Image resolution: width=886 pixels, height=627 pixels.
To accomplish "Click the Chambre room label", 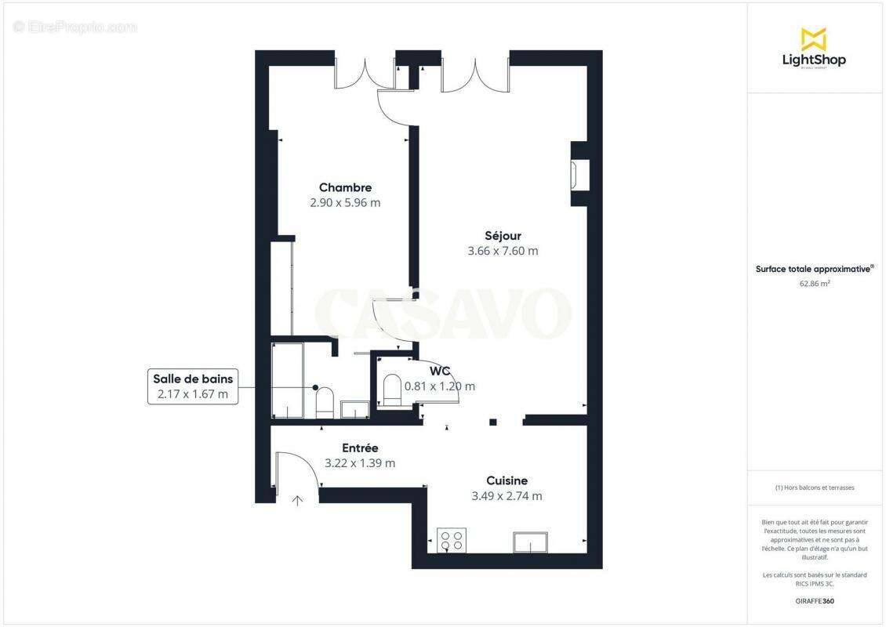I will tap(345, 187).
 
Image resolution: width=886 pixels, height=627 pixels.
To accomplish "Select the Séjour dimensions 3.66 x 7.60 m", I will tap(503, 251).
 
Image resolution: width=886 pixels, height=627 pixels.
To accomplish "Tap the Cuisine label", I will tap(507, 480).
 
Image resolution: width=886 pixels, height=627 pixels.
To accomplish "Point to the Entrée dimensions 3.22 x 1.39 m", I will tap(360, 463).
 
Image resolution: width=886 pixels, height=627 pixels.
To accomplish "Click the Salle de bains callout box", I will tap(193, 386).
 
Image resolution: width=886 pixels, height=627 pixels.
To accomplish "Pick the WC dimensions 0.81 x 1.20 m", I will tap(440, 386).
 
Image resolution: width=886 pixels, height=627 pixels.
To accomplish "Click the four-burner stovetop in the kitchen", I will tap(451, 540).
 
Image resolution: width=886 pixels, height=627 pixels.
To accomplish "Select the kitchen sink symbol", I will tap(531, 542).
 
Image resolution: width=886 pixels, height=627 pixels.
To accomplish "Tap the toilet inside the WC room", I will tap(391, 390).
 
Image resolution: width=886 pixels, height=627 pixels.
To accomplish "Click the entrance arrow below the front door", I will tap(298, 501).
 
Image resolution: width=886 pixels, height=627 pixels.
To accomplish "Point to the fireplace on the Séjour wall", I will tap(580, 175).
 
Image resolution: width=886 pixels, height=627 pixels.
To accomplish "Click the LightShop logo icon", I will tap(813, 38).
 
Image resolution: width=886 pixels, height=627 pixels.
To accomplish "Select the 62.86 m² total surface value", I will tap(815, 284).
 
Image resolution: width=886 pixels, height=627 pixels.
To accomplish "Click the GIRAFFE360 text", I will tap(815, 601).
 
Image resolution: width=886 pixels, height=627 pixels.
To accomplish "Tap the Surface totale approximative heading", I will tap(814, 269).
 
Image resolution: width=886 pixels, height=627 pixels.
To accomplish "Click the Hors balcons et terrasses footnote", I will tap(815, 487).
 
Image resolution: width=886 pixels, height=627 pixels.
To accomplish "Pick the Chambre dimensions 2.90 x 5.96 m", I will tap(345, 202).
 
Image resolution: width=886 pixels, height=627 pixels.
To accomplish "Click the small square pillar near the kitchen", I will tap(493, 422).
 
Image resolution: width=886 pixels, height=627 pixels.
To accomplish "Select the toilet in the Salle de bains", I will tap(325, 402).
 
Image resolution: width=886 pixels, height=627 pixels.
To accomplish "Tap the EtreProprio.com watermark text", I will tap(75, 27).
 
